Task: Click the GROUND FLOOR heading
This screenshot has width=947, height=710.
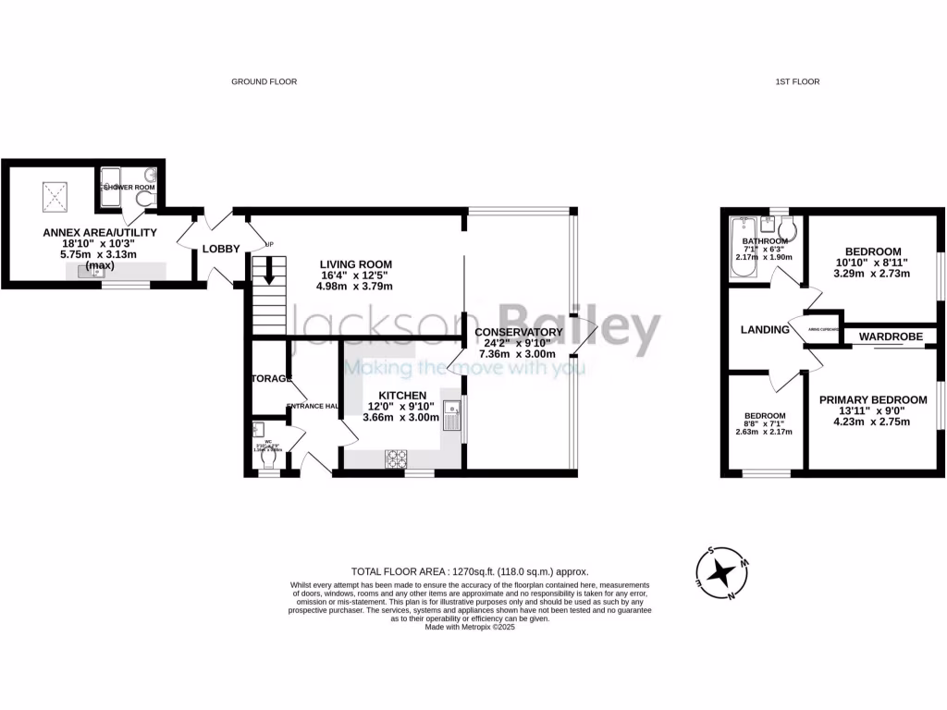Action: [264, 82]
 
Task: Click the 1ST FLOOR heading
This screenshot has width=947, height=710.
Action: [797, 82]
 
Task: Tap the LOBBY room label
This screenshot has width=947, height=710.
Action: [222, 249]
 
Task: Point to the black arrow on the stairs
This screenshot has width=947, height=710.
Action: [269, 273]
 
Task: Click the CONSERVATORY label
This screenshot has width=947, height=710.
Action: [518, 332]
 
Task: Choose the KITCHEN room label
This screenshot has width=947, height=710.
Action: [401, 395]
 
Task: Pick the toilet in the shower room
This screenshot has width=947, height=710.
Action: [144, 199]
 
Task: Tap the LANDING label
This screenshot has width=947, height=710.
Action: [765, 330]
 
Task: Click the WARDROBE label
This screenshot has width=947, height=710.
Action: [891, 337]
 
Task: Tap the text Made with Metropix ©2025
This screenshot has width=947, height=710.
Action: [470, 627]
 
